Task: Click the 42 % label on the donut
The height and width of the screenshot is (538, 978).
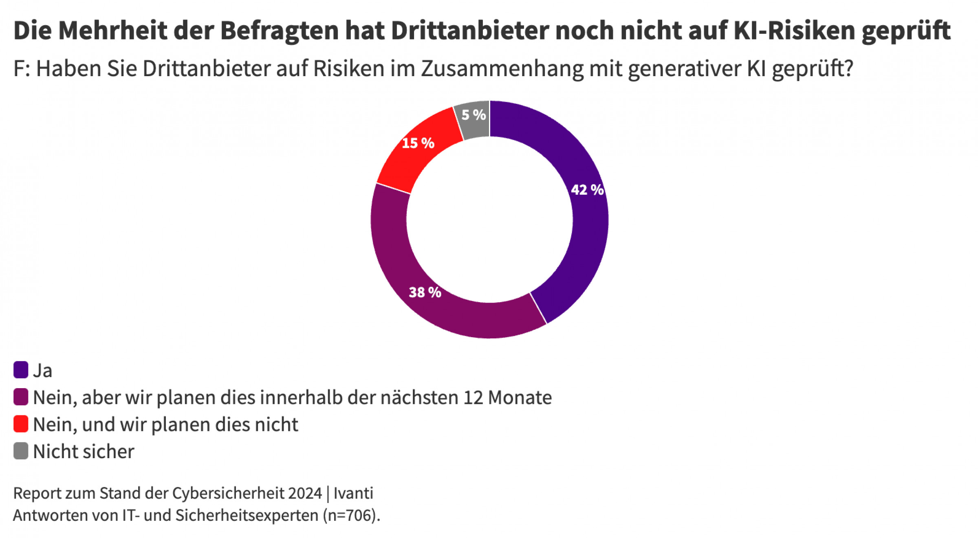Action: (x=587, y=190)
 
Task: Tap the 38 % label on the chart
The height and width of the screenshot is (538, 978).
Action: (x=425, y=292)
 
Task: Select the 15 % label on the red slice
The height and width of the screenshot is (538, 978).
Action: (x=418, y=143)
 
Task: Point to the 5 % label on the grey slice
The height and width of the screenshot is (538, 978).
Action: (x=474, y=115)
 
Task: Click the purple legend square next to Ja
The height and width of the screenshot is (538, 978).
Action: (x=21, y=370)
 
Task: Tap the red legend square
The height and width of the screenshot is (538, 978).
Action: (x=21, y=424)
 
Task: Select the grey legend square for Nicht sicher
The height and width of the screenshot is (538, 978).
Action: (x=21, y=451)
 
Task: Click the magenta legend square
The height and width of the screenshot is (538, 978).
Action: (x=21, y=397)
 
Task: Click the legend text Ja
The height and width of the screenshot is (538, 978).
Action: (x=42, y=371)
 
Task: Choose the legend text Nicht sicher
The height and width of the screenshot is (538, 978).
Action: (x=84, y=452)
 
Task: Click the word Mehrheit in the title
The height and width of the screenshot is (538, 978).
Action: (x=113, y=31)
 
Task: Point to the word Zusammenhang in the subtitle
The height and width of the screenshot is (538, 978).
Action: (x=502, y=68)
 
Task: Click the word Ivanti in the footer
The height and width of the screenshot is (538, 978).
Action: (x=353, y=493)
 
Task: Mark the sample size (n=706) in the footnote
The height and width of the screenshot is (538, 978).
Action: (x=351, y=516)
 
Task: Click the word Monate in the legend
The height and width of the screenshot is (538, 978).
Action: (x=520, y=397)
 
